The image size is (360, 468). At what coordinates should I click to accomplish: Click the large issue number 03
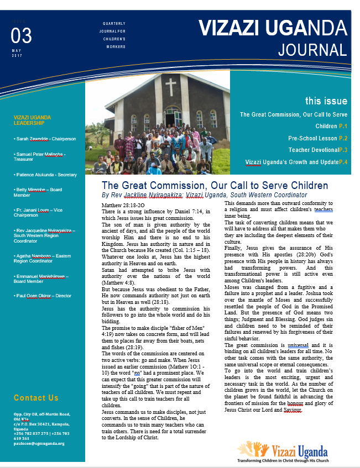tap(21, 36)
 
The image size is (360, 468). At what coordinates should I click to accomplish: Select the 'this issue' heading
tap(326, 101)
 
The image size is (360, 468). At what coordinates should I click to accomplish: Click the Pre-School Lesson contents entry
tap(317, 138)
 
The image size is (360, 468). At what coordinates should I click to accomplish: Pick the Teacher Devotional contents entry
tap(317, 150)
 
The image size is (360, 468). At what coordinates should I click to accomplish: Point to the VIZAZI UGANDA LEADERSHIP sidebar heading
tap(33, 120)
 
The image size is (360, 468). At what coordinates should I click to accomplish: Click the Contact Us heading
tap(36, 398)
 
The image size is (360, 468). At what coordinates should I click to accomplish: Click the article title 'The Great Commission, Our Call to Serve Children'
tap(215, 186)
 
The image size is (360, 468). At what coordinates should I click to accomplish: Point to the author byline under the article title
tap(204, 195)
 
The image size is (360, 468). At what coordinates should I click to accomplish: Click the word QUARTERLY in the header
tap(114, 24)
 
